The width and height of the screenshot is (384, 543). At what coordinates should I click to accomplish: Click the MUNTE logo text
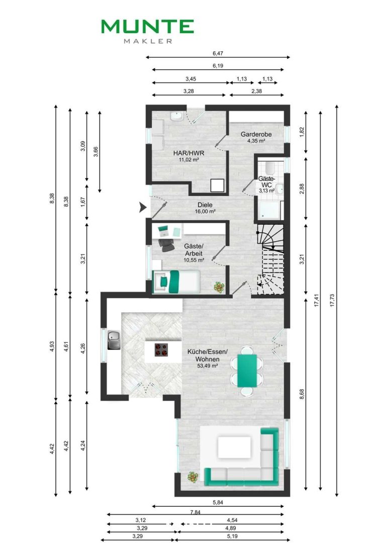tap(147, 27)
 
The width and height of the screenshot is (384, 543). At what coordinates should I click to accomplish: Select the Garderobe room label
tap(256, 134)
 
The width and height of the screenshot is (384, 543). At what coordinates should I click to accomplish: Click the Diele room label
tap(205, 205)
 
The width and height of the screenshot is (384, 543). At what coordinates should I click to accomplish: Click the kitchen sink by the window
tap(114, 340)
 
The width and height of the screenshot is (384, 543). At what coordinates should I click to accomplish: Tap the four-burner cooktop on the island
tap(161, 350)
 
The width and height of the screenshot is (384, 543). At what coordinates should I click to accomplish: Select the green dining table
tap(247, 371)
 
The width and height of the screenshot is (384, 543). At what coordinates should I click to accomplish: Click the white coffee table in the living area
tap(234, 447)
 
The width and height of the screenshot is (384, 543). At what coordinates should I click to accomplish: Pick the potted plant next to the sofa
tap(193, 477)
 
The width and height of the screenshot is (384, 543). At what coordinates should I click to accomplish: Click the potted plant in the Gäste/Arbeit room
tap(219, 287)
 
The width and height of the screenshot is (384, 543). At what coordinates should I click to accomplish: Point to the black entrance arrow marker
tap(143, 208)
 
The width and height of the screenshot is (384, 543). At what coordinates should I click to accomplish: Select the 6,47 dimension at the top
tap(218, 53)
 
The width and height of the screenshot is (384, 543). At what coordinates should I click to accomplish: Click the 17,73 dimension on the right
tap(332, 301)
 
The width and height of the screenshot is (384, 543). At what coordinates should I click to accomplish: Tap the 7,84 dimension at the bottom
tap(196, 512)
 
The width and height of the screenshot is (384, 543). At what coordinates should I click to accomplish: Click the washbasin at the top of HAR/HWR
tap(176, 117)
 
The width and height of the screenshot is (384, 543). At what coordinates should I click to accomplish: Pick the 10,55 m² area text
tap(194, 259)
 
